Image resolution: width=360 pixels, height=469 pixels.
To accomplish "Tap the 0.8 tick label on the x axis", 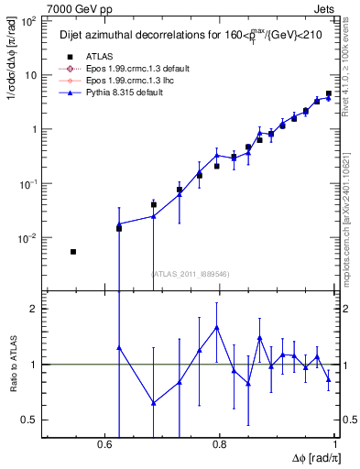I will pos(219,444).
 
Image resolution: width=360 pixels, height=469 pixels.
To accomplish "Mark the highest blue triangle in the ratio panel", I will pos(216,327).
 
